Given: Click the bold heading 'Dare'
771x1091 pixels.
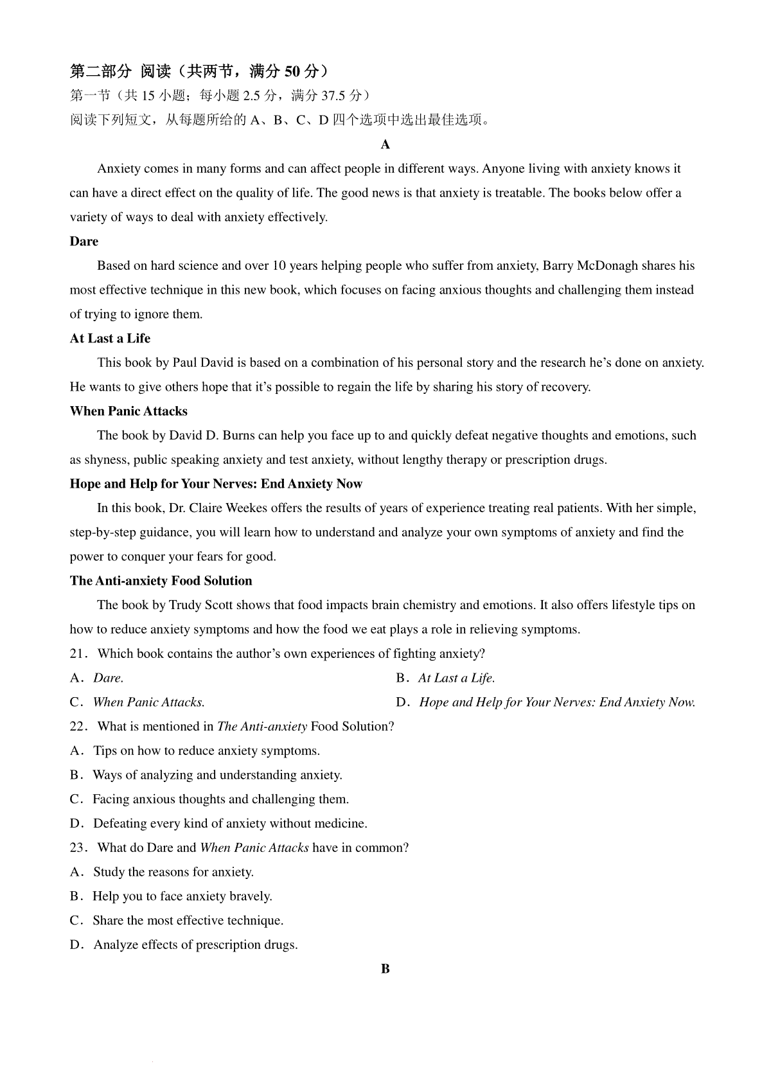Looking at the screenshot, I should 84,242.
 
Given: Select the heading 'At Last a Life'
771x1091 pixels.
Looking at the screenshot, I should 110,339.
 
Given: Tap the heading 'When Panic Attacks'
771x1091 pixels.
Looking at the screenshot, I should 128,411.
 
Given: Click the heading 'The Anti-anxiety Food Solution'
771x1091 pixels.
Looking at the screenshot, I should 161,581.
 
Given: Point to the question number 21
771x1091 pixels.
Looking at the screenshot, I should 78,654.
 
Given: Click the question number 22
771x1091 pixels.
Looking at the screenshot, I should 78,727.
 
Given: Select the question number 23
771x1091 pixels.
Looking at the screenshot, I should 78,848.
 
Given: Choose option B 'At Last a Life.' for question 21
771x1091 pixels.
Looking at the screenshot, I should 456,679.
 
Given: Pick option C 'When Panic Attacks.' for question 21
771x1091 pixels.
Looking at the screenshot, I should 148,702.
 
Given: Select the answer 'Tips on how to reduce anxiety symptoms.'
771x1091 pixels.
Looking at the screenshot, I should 206,751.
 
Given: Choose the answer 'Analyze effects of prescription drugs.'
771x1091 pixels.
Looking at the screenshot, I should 195,945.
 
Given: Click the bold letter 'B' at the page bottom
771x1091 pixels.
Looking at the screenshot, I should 385,970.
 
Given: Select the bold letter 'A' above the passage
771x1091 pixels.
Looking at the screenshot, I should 385,145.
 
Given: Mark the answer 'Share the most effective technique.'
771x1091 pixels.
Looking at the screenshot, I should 188,921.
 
